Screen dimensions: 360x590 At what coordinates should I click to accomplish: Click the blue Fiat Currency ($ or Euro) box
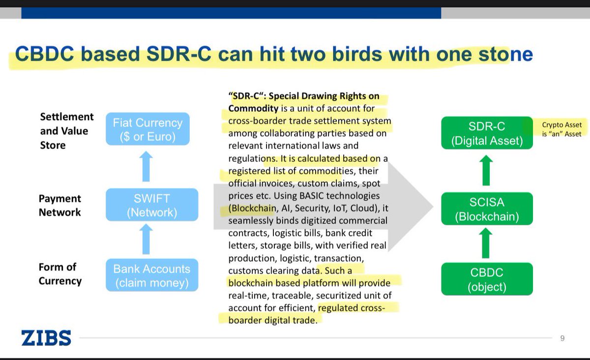147,129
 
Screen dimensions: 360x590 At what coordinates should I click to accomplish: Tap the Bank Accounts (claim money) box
152,276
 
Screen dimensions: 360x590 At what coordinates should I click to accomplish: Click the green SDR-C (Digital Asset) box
486,133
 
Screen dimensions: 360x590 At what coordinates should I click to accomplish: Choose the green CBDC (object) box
486,279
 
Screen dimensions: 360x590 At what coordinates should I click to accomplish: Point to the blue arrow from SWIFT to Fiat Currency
147,167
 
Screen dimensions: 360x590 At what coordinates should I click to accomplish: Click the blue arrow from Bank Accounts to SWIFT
147,239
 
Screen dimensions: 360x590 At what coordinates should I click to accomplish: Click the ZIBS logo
46,338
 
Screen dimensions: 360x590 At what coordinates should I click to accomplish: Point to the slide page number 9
562,338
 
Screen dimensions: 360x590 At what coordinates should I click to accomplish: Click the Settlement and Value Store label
66,131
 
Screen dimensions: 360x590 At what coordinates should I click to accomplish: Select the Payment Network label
59,205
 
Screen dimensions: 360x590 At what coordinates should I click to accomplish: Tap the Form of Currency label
59,274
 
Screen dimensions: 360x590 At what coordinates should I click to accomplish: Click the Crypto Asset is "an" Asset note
561,129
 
